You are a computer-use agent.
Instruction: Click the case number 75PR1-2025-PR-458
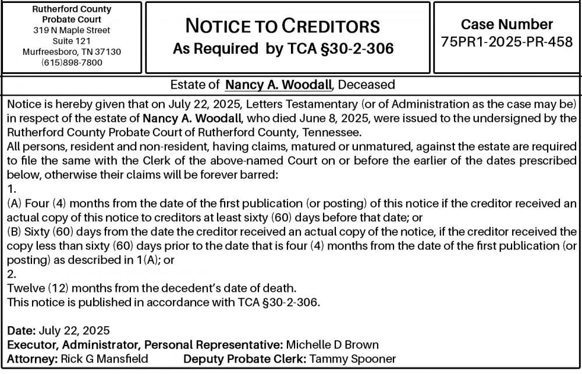pos(507,43)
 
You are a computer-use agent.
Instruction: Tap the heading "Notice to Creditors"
pos(282,26)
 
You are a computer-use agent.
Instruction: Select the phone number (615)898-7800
pos(72,62)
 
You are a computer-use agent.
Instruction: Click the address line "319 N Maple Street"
pos(72,30)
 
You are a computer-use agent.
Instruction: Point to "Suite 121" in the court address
pos(72,41)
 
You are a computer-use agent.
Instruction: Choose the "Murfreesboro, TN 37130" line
pos(72,52)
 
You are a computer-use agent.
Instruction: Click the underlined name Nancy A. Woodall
pos(278,85)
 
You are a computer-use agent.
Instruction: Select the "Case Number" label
pos(507,24)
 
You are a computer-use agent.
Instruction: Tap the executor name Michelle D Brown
pos(332,345)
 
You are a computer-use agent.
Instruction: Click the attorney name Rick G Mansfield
pos(104,359)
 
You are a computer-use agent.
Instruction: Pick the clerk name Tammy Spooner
pos(353,359)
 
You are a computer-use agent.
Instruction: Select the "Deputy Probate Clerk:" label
pos(245,359)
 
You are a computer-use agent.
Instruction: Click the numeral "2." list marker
pos(11,273)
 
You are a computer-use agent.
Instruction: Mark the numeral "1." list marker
pos(11,189)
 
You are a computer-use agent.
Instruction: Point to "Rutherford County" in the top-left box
pos(72,10)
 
